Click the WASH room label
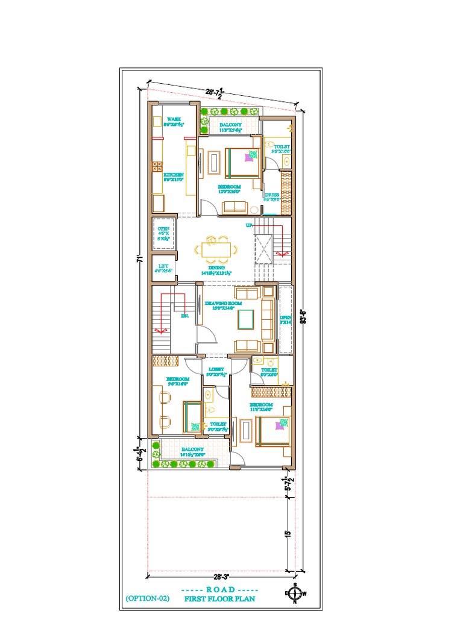pos(174,119)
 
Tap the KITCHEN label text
pos(174,175)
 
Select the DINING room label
pos(216,268)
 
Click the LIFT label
pos(163,266)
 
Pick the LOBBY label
pos(216,369)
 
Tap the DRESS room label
pos(272,195)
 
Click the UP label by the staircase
pos(248,225)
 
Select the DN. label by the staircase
pos(186,315)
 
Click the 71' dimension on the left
pos(139,259)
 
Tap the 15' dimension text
pos(288,534)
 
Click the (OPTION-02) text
pos(148,598)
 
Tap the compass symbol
pos(295,594)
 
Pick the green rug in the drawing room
pos(245,318)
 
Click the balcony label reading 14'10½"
pos(192,449)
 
